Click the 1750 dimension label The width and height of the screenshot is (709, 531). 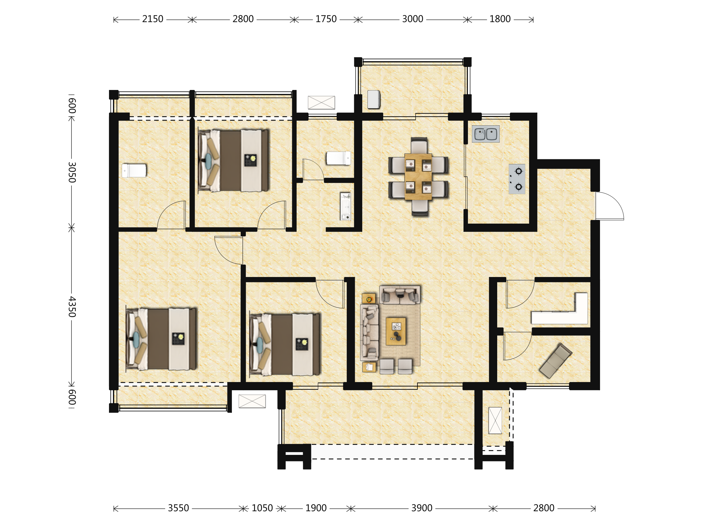pyautogui.click(x=326, y=19)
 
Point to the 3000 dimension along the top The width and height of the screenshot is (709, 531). pyautogui.click(x=412, y=19)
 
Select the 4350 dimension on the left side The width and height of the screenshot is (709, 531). pyautogui.click(x=72, y=306)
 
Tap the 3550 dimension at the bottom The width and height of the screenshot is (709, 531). pyautogui.click(x=178, y=508)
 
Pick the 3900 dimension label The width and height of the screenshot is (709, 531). pyautogui.click(x=422, y=508)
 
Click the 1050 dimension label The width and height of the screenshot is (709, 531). pyautogui.click(x=262, y=508)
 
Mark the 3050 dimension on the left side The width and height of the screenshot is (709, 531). pyautogui.click(x=72, y=172)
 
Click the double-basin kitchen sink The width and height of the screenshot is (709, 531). pyautogui.click(x=486, y=134)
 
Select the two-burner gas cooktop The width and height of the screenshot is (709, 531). pyautogui.click(x=517, y=179)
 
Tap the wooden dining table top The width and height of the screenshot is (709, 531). pyautogui.click(x=418, y=177)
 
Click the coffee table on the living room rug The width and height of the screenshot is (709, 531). pyautogui.click(x=396, y=331)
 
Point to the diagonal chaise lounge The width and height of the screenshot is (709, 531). pyautogui.click(x=556, y=361)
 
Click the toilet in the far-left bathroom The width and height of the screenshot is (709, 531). pyautogui.click(x=134, y=171)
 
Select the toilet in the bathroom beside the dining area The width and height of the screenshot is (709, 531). pyautogui.click(x=339, y=158)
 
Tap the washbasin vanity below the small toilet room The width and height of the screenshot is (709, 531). pyautogui.click(x=346, y=206)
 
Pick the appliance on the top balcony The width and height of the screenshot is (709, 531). pyautogui.click(x=374, y=99)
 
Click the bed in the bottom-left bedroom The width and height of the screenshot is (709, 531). pyautogui.click(x=161, y=339)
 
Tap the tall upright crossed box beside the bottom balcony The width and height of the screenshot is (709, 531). pyautogui.click(x=495, y=420)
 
